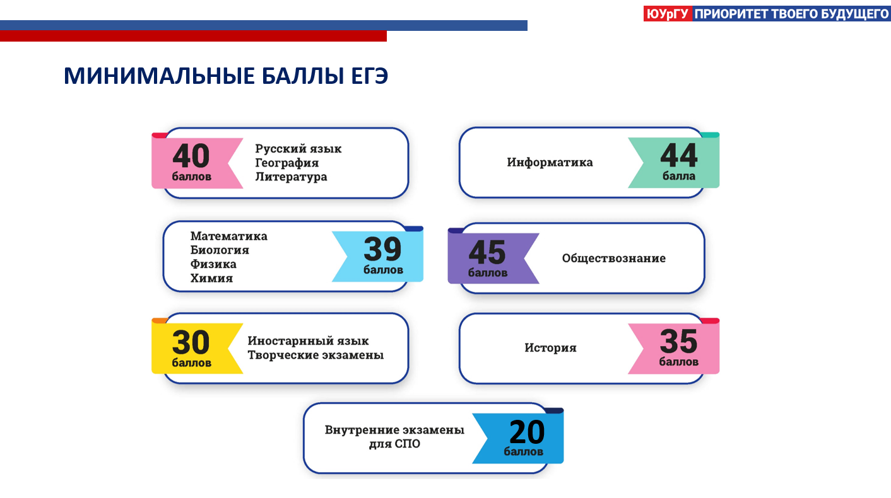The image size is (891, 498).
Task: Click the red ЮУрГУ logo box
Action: click(x=668, y=14)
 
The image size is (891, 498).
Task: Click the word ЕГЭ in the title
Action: click(x=369, y=76)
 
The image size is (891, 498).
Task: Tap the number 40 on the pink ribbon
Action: click(x=191, y=156)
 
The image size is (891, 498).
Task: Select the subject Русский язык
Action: click(x=298, y=149)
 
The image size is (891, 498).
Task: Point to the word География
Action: click(x=286, y=163)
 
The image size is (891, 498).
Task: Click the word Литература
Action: click(x=291, y=177)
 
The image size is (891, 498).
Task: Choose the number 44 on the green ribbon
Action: click(x=678, y=156)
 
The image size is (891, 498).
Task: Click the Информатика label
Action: click(x=550, y=162)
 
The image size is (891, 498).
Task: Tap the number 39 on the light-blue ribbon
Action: click(x=382, y=249)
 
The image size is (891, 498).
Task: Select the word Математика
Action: click(x=228, y=236)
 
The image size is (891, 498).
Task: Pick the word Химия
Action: click(x=211, y=278)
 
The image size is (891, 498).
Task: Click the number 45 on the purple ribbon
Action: click(x=487, y=252)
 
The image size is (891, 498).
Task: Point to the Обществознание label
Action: click(x=614, y=258)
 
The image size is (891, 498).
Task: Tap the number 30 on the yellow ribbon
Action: click(x=191, y=342)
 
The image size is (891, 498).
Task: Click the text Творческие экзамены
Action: click(x=316, y=355)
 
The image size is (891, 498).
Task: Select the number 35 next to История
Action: click(x=678, y=342)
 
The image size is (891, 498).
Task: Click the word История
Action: click(x=550, y=348)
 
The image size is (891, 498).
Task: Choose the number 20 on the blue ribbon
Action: click(x=527, y=432)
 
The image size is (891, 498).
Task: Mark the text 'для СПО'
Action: click(x=394, y=444)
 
